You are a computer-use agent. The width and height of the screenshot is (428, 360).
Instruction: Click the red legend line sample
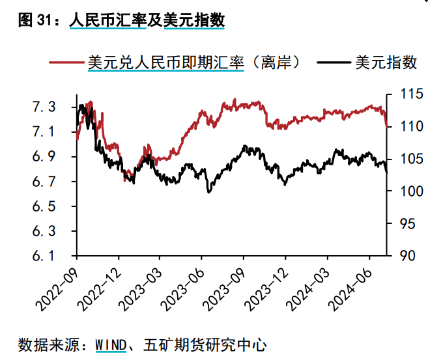pos(66,62)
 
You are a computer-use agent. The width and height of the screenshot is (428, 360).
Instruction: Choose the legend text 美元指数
pos(386,62)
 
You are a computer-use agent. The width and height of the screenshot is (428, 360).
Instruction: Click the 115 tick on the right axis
pos(403,95)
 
